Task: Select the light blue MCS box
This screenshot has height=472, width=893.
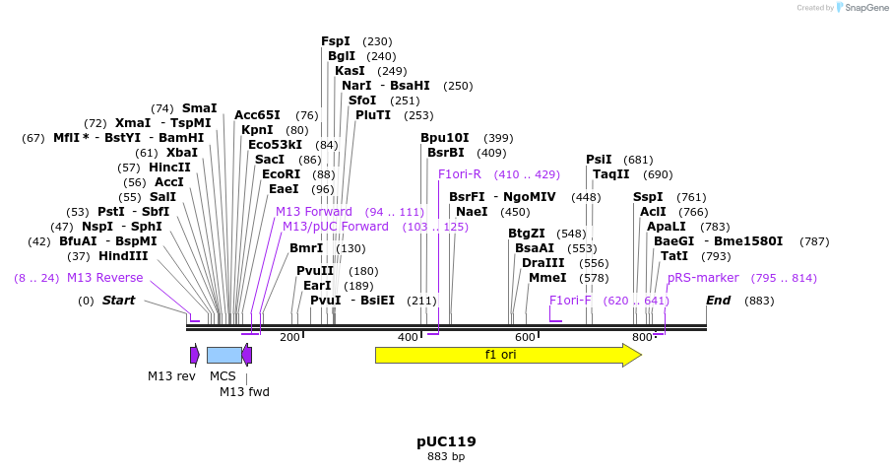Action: click(223, 355)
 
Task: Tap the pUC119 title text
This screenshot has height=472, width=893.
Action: click(446, 441)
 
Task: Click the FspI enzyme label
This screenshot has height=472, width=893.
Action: click(336, 41)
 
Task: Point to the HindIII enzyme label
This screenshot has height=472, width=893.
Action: click(123, 256)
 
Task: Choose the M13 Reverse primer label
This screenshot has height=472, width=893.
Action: click(104, 278)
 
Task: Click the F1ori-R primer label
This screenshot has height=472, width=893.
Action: click(460, 174)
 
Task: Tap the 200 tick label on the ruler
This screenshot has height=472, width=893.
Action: click(289, 337)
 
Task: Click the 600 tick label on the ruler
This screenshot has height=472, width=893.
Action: click(525, 337)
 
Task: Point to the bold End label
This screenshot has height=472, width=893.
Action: click(718, 301)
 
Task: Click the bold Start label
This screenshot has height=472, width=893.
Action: click(118, 301)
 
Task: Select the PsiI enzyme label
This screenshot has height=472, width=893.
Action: click(599, 160)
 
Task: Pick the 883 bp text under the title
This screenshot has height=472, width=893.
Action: click(446, 457)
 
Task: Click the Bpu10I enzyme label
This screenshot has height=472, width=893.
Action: click(445, 138)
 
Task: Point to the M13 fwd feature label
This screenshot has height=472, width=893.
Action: click(244, 391)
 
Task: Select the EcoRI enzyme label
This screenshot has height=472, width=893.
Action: click(281, 174)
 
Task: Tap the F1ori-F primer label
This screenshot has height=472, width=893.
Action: click(570, 301)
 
